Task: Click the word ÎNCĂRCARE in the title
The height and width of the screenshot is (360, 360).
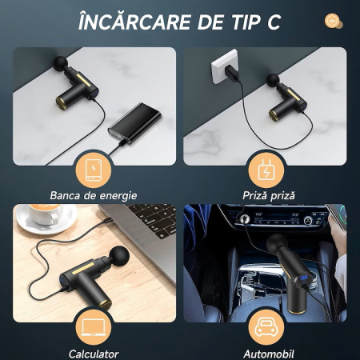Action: tap(135, 22)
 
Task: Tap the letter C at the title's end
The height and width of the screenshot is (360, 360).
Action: tap(274, 22)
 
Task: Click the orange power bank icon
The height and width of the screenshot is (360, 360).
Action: tap(94, 170)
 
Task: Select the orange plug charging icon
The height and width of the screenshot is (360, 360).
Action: tap(266, 170)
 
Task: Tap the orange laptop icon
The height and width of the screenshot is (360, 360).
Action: tap(94, 327)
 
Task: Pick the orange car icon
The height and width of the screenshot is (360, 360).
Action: tap(266, 327)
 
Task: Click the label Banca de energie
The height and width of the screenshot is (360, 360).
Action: tap(94, 195)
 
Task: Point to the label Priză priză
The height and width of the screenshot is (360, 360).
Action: tap(269, 195)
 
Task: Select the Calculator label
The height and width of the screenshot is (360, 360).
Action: tap(94, 354)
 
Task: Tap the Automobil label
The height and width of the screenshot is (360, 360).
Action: tap(269, 354)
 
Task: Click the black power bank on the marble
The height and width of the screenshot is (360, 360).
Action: tap(134, 123)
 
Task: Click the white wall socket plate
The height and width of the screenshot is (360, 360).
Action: tap(224, 66)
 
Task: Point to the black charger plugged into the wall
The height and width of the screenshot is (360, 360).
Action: tap(232, 73)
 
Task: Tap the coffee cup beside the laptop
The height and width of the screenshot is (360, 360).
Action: tap(45, 214)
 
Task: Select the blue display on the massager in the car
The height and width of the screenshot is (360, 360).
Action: tap(304, 278)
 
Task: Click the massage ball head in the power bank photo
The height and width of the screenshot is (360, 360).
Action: tap(60, 63)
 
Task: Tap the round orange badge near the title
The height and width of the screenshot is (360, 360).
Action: tap(334, 21)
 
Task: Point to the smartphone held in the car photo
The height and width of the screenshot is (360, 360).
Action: tap(338, 217)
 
